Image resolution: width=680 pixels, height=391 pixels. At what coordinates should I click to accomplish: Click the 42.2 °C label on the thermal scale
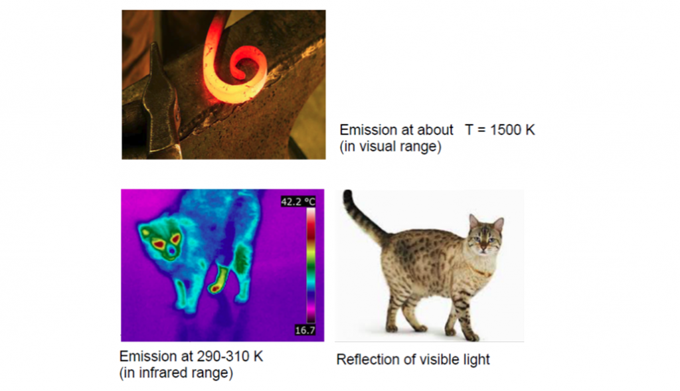point(298,202)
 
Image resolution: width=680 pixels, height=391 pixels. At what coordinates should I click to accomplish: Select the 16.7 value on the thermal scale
point(305,331)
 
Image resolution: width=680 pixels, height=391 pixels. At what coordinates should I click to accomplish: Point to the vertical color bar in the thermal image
point(311,266)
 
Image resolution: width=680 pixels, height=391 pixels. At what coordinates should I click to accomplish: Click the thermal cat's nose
point(173,251)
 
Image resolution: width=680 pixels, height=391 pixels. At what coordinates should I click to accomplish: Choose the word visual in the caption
point(376,147)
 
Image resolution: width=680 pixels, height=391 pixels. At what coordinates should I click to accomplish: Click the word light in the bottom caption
point(476,359)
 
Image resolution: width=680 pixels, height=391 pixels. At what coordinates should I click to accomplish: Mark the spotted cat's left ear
point(473,222)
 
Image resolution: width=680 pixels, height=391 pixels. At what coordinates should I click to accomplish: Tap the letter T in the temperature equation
point(469,129)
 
